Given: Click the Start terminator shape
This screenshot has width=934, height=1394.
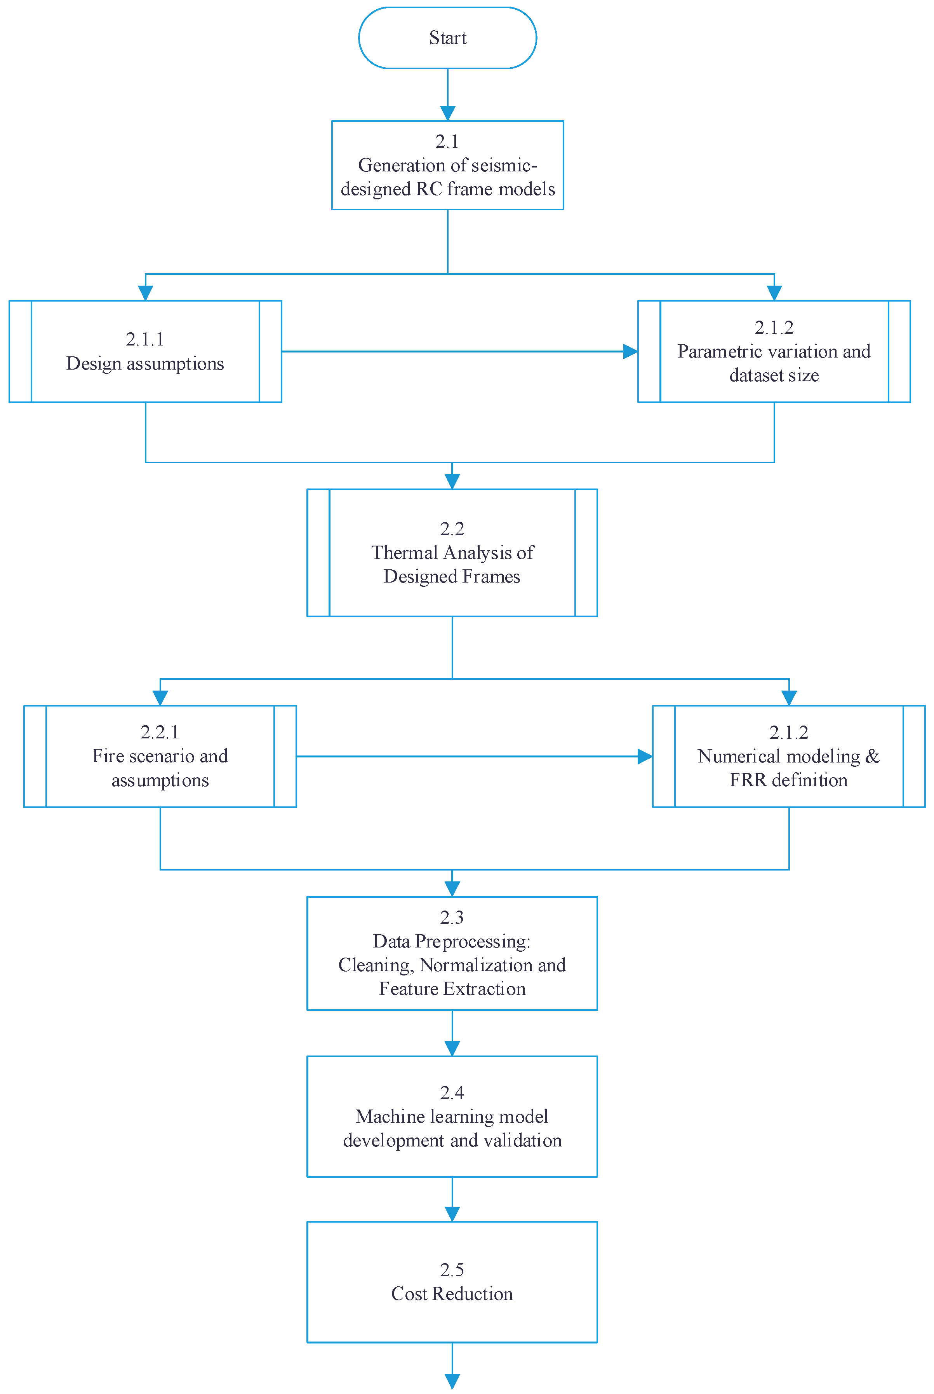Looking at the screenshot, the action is coord(447,38).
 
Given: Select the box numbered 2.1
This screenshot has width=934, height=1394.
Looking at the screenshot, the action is coord(447,165).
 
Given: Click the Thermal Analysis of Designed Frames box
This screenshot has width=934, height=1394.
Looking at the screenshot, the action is coord(452,553).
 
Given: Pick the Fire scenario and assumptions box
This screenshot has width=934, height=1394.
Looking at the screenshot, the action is coord(160,756).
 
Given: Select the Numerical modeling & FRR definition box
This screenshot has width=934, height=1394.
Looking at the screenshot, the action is coord(789,756).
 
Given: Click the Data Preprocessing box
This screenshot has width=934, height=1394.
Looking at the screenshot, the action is coord(452,953).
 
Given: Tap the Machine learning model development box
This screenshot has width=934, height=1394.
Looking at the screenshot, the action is coord(452,1116).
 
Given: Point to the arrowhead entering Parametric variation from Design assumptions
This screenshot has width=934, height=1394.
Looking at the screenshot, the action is coord(631,352).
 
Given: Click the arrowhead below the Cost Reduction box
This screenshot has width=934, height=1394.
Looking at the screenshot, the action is coord(452,1382).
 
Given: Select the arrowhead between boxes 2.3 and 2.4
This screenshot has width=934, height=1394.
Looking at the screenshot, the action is coord(452,1049).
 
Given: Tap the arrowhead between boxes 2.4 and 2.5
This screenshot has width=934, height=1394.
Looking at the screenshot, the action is coord(452,1214).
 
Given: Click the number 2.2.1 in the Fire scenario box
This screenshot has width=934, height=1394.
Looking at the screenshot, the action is coord(160,732).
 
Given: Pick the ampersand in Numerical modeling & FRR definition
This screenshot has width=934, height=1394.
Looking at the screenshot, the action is coord(872,756).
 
